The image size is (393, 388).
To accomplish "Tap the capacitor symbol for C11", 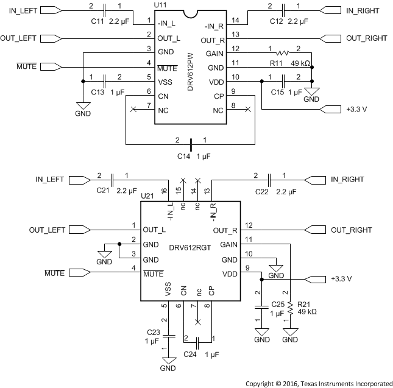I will [105, 10].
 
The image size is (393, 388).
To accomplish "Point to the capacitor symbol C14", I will [191, 145].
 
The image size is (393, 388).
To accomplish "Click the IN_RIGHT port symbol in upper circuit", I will [329, 10].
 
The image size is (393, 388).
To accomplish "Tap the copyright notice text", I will [319, 383].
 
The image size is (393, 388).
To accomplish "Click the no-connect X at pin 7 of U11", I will [133, 110].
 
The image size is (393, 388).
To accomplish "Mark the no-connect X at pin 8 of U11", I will [247, 110].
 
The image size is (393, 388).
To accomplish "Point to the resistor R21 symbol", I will [291, 306].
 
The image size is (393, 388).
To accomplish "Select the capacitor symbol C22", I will [269, 180].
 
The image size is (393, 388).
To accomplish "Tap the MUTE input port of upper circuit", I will [51, 65].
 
